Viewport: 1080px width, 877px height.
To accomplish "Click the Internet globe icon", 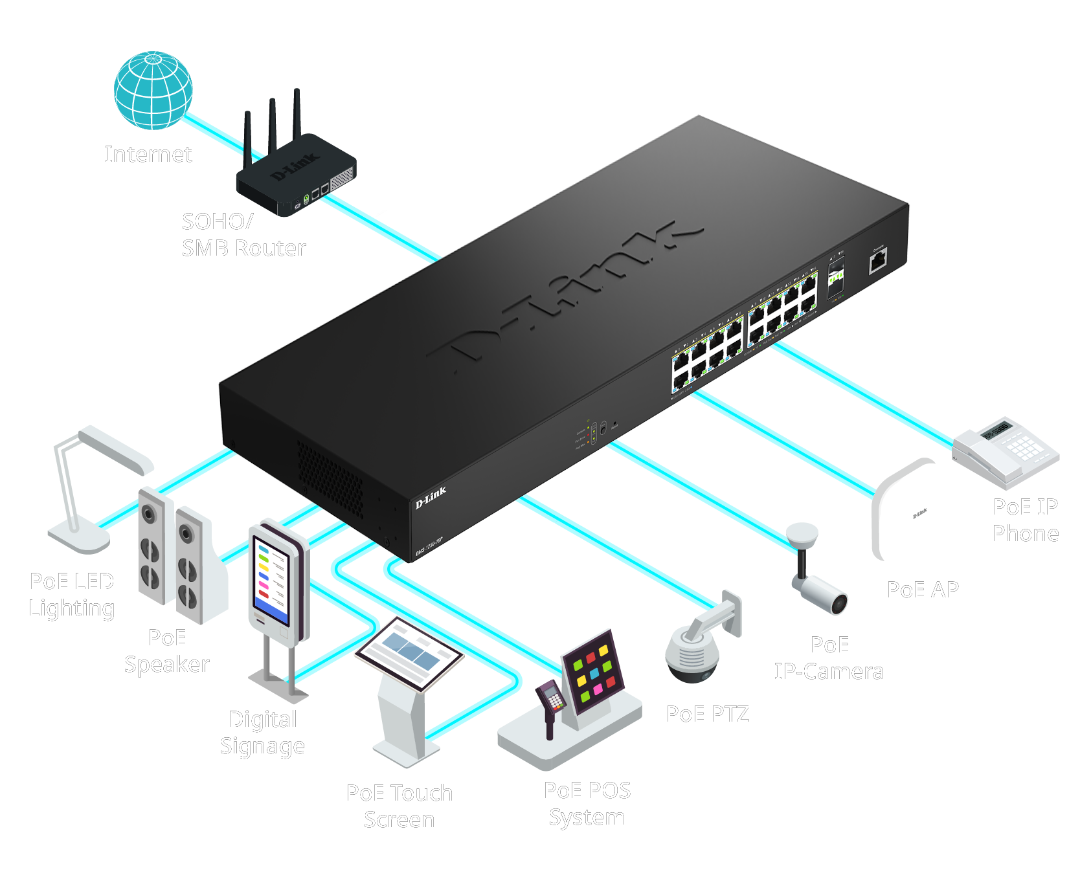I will tap(153, 90).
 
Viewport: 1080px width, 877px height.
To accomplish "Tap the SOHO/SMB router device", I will tap(297, 177).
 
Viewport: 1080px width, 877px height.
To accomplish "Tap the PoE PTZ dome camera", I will tap(692, 654).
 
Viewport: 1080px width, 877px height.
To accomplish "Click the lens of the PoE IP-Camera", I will tap(839, 603).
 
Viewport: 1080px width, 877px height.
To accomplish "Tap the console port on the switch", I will tap(877, 261).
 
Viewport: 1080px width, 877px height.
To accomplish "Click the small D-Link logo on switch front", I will tap(431, 497).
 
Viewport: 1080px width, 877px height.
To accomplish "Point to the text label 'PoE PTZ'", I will tap(708, 713).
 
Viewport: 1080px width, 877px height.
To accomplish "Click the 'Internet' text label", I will tap(148, 154).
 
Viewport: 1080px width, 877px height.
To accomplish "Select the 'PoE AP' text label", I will tap(923, 589).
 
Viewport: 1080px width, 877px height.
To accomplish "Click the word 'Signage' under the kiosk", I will tap(262, 746).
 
